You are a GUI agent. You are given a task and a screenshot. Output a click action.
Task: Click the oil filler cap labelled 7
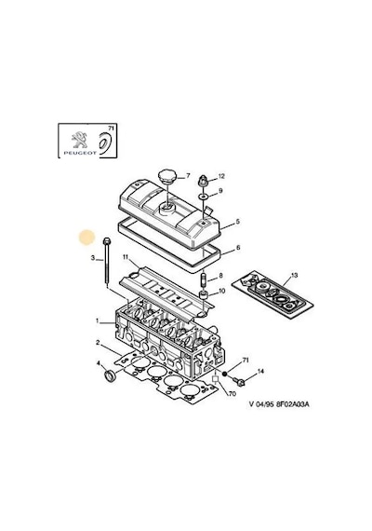tap(166, 176)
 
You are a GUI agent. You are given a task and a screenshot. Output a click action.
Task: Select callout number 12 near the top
tap(221, 176)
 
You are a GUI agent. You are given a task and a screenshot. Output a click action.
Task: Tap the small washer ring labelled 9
tap(204, 196)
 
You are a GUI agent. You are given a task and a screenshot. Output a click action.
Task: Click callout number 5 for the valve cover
tap(238, 222)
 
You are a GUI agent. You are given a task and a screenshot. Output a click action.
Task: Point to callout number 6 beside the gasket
tap(238, 248)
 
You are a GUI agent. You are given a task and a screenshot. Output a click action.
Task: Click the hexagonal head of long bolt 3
tap(105, 241)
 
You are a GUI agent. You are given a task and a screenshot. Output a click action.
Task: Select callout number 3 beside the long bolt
tap(93, 258)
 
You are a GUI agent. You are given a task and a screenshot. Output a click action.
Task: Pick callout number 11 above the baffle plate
tap(126, 257)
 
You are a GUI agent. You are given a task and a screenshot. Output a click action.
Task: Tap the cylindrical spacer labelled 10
tap(204, 294)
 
